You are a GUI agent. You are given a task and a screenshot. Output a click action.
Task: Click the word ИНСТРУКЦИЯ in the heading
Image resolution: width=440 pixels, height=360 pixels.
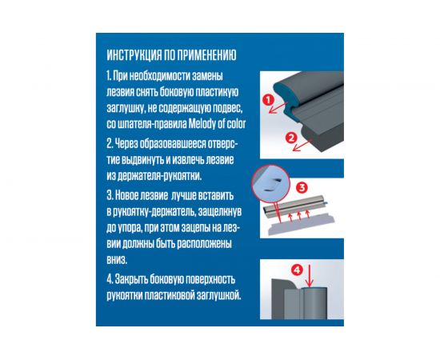[134, 55]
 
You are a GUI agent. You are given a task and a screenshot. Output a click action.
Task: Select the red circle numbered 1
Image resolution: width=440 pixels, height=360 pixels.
[269, 100]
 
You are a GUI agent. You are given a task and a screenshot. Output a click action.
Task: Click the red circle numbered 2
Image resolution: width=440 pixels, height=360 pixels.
[291, 138]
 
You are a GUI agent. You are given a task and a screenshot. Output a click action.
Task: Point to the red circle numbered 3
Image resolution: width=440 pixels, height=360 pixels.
[302, 187]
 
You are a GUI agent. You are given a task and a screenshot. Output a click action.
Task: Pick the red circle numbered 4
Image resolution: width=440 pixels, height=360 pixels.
[297, 270]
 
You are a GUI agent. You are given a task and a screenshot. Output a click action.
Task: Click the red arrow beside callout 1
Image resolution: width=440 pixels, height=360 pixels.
[278, 108]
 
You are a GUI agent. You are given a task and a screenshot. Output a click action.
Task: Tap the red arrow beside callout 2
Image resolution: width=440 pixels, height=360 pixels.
[302, 145]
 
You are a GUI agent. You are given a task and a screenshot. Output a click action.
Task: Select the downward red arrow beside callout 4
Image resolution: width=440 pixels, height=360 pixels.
[310, 276]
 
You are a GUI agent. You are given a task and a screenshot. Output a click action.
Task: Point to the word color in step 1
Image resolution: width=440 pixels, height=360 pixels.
[236, 124]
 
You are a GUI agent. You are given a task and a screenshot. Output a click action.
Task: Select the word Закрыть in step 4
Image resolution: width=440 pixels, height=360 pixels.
[131, 279]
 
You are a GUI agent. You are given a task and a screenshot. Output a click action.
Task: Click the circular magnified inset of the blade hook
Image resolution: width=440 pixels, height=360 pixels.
[270, 183]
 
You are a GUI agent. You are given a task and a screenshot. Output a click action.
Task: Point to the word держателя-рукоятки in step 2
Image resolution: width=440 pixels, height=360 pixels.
[159, 176]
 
